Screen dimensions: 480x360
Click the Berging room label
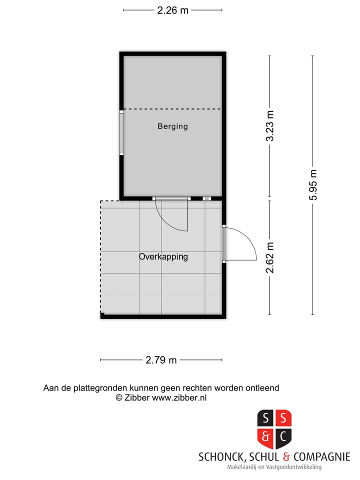pyautogui.click(x=172, y=126)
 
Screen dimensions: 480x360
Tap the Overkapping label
pyautogui.click(x=163, y=257)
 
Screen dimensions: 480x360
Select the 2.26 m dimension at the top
pyautogui.click(x=172, y=10)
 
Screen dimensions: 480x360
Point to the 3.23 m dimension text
pyautogui.click(x=270, y=126)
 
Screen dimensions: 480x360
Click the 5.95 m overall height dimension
pyautogui.click(x=313, y=185)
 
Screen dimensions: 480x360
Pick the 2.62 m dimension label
pyautogui.click(x=270, y=257)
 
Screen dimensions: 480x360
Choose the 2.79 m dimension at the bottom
pyautogui.click(x=161, y=360)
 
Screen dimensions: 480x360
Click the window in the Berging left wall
pyautogui.click(x=121, y=132)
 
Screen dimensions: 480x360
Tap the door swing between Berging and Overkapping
pyautogui.click(x=172, y=215)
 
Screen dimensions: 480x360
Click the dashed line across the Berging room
pyautogui.click(x=172, y=109)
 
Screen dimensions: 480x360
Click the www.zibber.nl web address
pyautogui.click(x=179, y=398)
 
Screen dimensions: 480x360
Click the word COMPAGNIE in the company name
pyautogui.click(x=321, y=457)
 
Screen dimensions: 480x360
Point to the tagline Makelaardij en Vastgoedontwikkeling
pyautogui.click(x=274, y=467)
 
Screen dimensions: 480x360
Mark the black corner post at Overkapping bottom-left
pyautogui.click(x=102, y=315)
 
